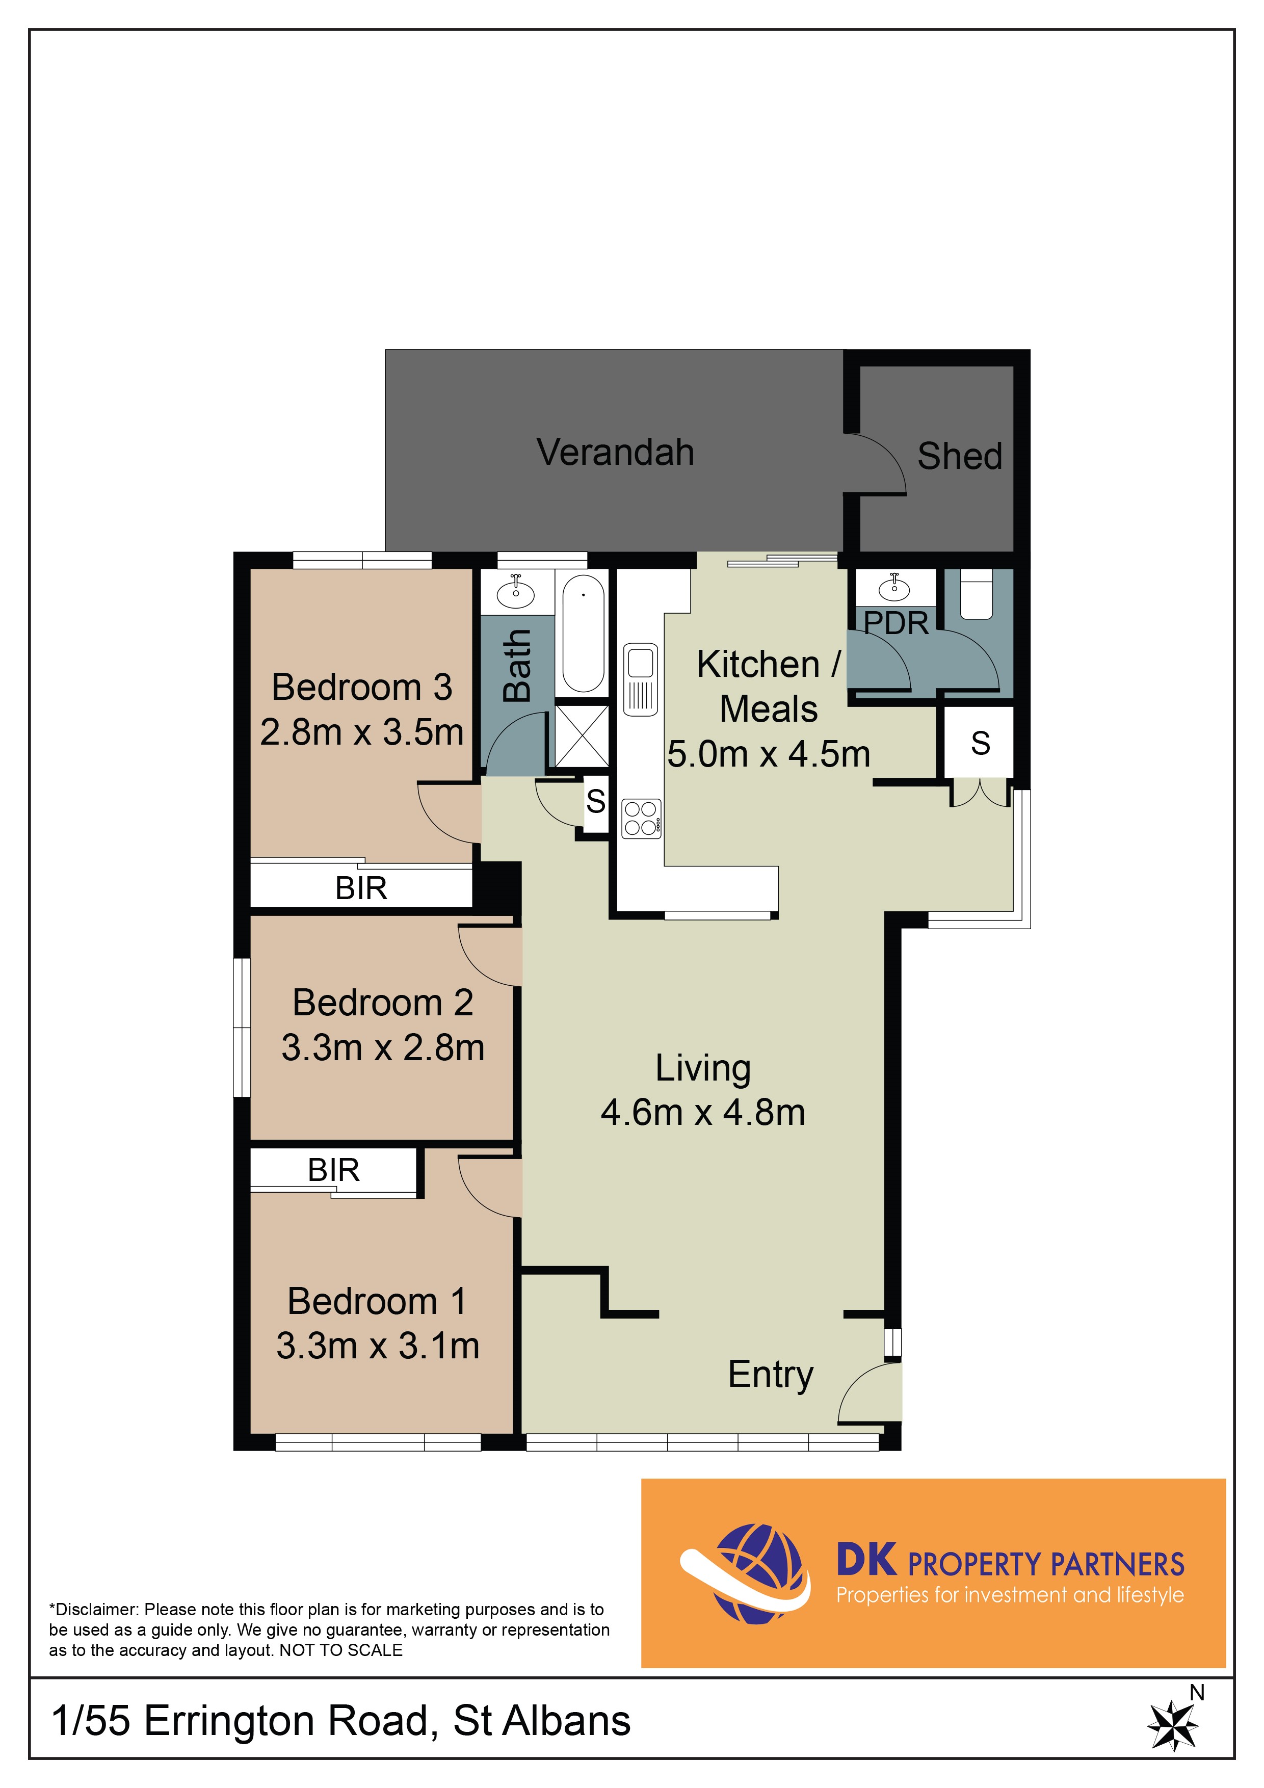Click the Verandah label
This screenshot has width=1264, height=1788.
tap(615, 453)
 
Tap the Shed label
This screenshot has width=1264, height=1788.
tap(960, 456)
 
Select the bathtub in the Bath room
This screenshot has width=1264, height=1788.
tap(583, 633)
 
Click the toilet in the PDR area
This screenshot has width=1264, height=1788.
tap(977, 594)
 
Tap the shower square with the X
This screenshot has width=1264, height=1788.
tap(581, 736)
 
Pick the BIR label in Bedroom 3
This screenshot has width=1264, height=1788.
tap(360, 888)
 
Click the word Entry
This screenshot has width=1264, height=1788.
tap(770, 1375)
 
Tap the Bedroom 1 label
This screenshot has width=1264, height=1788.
tap(377, 1301)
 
